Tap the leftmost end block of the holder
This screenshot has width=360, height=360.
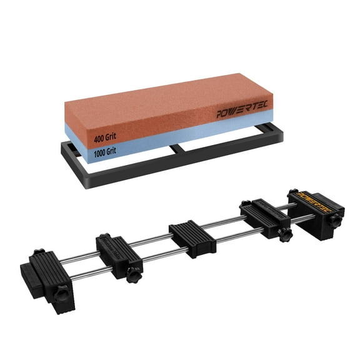(44, 275)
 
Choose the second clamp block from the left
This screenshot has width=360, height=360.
(116, 255)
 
